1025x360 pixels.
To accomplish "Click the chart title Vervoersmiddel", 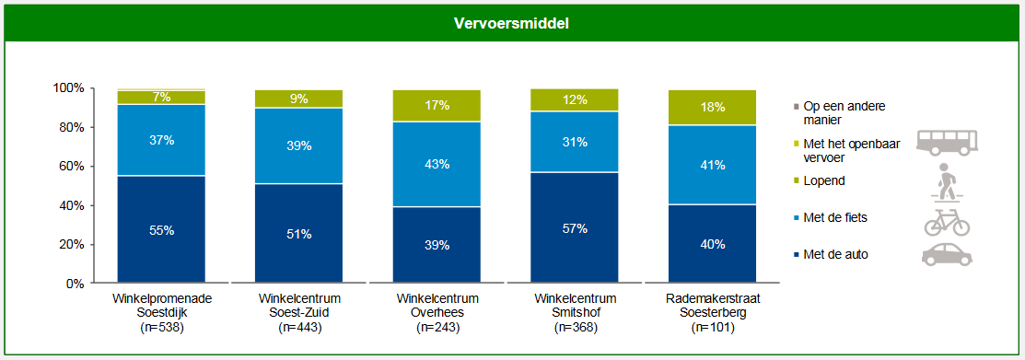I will point(511,23).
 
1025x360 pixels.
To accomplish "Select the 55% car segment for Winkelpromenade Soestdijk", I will point(161,229).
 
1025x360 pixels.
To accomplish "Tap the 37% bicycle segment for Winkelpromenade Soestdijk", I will point(161,140).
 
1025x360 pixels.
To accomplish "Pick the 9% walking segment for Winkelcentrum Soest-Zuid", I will point(299,99).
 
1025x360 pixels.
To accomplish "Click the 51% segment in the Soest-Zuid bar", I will point(299,234).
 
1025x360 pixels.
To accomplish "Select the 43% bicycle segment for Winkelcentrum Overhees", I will point(437,164).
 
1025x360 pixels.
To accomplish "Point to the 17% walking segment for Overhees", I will point(437,106).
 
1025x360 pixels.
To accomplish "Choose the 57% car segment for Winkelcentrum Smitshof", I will point(575,227).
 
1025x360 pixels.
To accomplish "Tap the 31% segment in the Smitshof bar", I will point(575,142).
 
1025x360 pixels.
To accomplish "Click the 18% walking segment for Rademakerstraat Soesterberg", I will point(712,108).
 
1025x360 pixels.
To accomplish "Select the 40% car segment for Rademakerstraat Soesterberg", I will point(712,244).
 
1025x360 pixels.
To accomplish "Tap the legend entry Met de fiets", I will point(834,217).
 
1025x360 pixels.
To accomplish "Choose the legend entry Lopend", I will point(823,181).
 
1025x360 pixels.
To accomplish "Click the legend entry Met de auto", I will point(834,254).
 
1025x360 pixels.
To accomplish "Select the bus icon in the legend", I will point(946,141).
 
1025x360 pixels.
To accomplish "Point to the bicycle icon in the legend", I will point(946,222).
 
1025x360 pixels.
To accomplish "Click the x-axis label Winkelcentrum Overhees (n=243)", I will point(437,313).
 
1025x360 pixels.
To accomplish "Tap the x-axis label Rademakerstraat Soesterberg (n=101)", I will point(712,313).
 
